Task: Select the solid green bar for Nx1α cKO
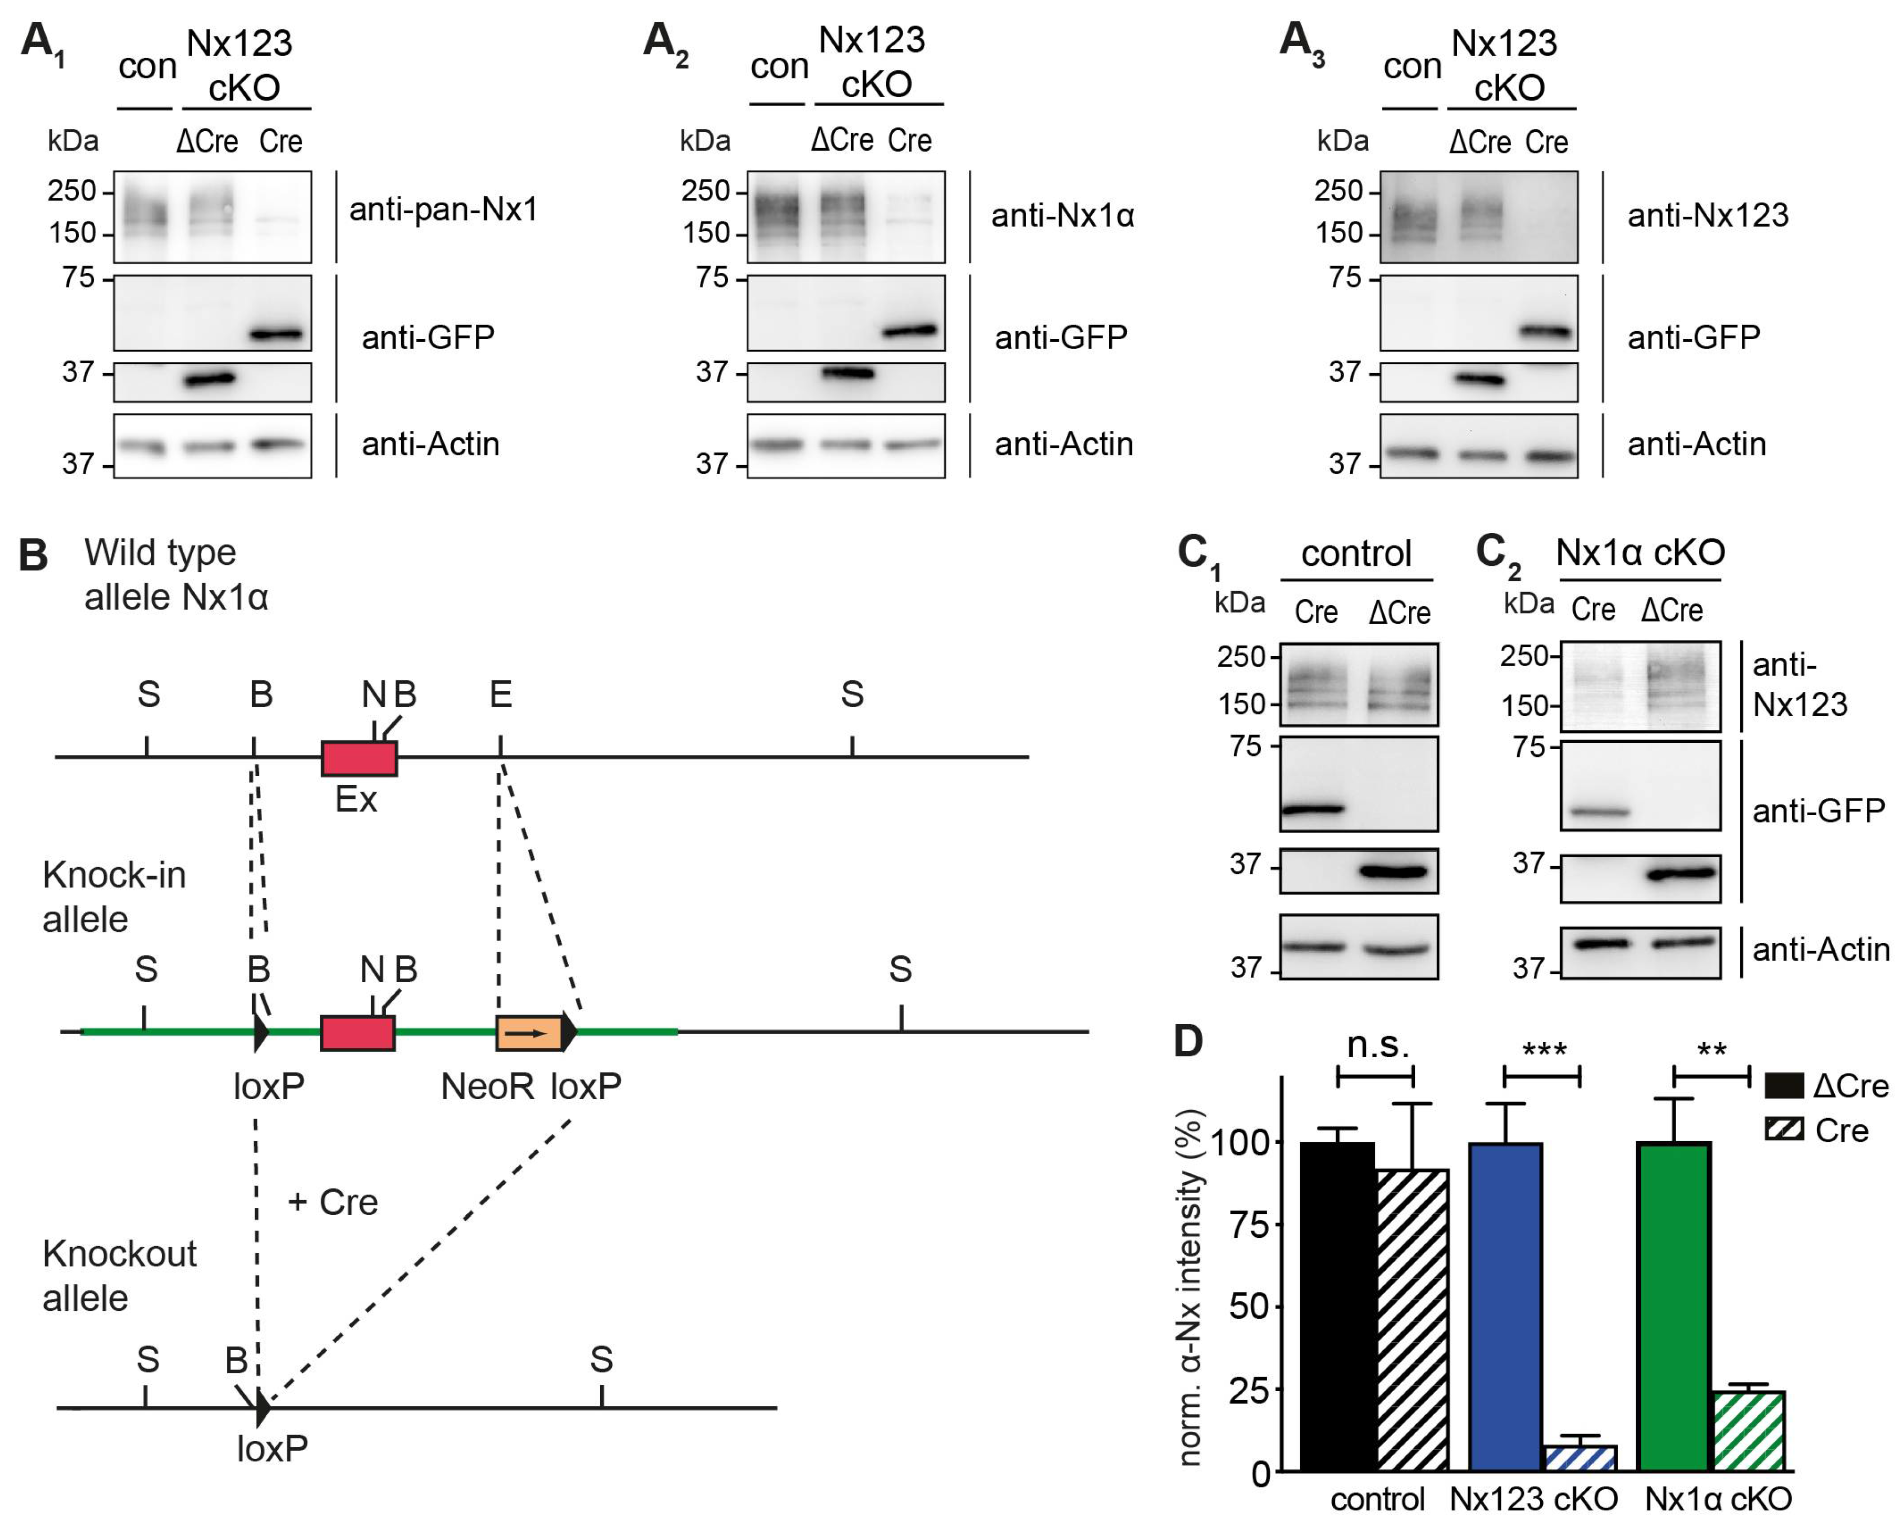click(1674, 1306)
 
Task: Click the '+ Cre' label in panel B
click(332, 1202)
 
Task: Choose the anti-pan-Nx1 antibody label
click(443, 209)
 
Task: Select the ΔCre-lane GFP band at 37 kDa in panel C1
click(1394, 871)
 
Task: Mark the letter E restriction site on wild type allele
click(500, 695)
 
